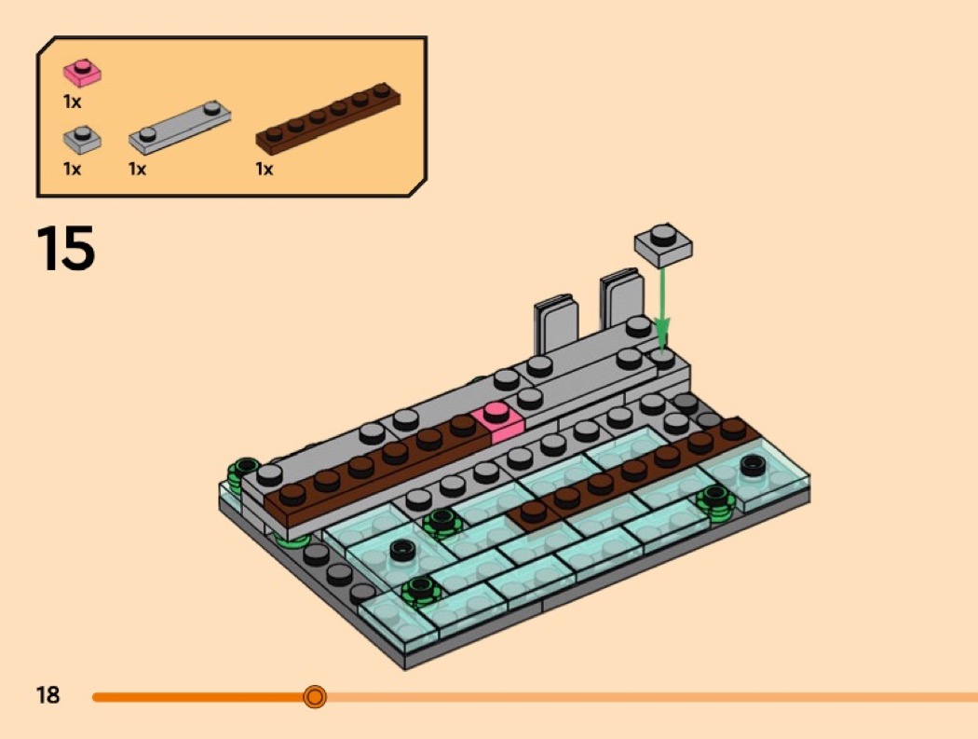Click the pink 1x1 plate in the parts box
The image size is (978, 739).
pos(82,73)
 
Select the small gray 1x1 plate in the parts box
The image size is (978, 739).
pos(82,139)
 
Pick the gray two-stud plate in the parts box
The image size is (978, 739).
pos(180,127)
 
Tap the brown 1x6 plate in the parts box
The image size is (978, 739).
pos(328,118)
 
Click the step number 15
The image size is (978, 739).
pos(66,248)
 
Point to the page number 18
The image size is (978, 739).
pos(48,694)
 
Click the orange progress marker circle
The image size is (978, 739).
pos(315,696)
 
